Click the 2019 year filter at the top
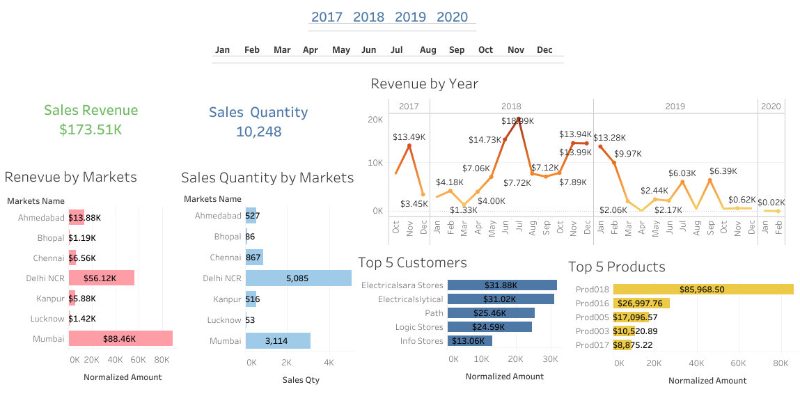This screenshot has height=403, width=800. click(410, 17)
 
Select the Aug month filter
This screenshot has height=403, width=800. click(428, 50)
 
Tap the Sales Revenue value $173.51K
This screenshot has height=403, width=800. click(91, 129)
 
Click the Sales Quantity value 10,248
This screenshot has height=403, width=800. click(258, 132)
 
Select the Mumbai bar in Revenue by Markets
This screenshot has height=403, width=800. click(120, 339)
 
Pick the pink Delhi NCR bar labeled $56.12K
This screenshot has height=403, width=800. click(102, 278)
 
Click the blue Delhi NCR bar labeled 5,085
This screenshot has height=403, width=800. click(298, 278)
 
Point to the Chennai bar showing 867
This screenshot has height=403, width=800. click(254, 258)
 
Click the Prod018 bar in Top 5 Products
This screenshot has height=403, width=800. click(703, 289)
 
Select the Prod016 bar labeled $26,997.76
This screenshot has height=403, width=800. click(641, 303)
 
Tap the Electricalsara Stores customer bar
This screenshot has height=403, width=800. click(502, 285)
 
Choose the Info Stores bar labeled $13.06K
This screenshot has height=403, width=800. click(470, 341)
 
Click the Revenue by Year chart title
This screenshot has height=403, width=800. click(424, 84)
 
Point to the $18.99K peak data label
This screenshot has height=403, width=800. click(518, 121)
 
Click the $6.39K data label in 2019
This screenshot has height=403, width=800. click(724, 171)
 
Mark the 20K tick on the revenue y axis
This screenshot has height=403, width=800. click(375, 120)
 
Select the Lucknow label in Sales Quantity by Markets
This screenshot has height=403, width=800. click(223, 320)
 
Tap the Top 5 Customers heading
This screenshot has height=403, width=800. click(412, 262)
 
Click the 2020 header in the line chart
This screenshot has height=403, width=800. click(771, 106)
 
